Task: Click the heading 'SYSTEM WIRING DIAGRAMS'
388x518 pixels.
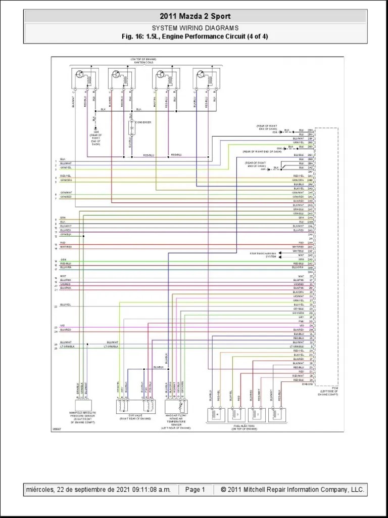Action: click(195, 28)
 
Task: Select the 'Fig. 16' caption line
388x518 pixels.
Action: click(195, 37)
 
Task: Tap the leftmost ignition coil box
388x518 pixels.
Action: click(85, 78)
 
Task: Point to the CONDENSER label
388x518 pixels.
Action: click(144, 122)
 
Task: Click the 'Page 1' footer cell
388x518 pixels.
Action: click(195, 490)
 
